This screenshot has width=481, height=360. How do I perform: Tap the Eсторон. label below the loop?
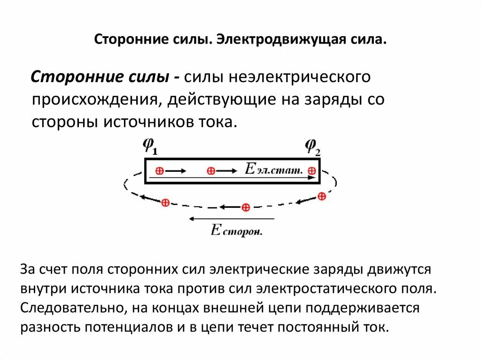[x=236, y=230]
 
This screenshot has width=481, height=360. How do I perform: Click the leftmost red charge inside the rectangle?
[x=159, y=171]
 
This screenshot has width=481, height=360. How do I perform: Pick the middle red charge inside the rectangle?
[x=211, y=171]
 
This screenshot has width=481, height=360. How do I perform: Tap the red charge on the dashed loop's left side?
[x=165, y=203]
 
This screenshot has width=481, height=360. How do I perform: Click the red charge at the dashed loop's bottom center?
[x=245, y=207]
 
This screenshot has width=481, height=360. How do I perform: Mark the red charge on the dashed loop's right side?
[x=321, y=196]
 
